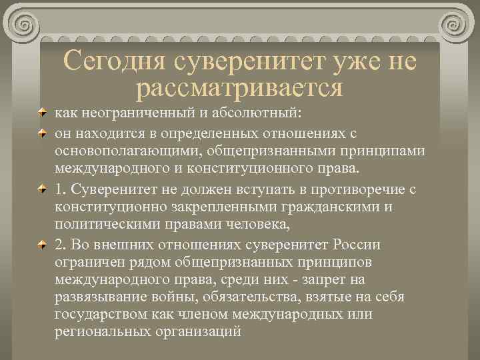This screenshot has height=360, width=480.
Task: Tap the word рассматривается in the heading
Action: tap(239, 88)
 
